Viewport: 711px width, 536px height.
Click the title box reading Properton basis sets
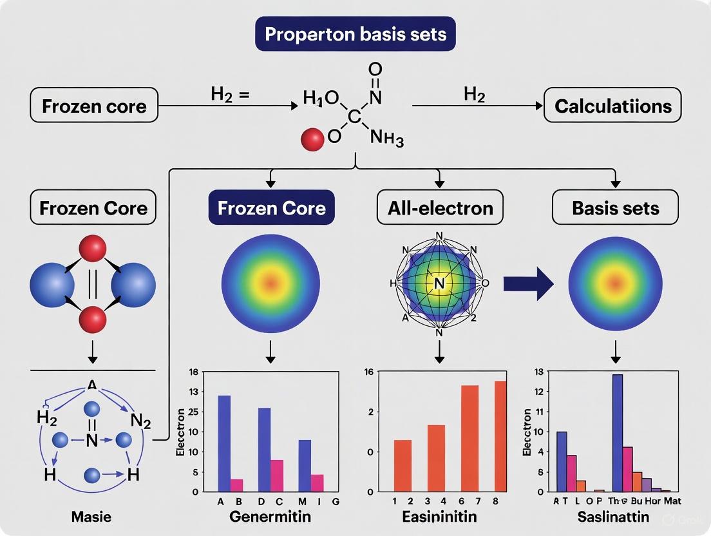pyautogui.click(x=355, y=34)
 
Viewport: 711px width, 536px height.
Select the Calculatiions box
pyautogui.click(x=612, y=106)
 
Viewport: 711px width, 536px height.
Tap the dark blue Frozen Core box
pyautogui.click(x=271, y=207)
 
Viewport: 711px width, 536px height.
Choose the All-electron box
pyautogui.click(x=441, y=207)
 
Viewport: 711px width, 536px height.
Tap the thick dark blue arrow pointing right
pyautogui.click(x=529, y=281)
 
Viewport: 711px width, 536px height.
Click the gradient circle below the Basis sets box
pyautogui.click(x=616, y=282)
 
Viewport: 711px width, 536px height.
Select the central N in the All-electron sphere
pyautogui.click(x=440, y=282)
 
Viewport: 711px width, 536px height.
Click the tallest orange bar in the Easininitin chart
pyautogui.click(x=500, y=436)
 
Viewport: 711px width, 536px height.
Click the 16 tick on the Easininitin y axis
pyautogui.click(x=369, y=372)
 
